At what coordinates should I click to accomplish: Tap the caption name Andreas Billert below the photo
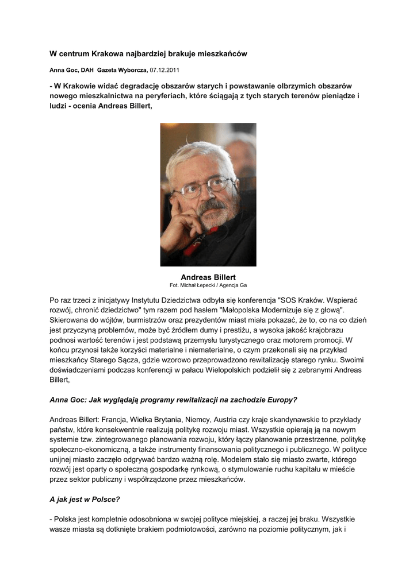[208, 277]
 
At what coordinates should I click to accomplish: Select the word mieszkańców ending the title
[223, 53]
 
